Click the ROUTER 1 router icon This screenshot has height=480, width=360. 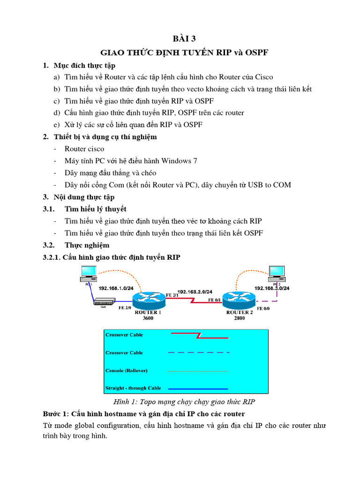[x=147, y=299]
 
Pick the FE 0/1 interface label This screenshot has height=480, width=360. [x=214, y=300]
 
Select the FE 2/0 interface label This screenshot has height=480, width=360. [x=125, y=308]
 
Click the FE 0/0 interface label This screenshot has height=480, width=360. [x=262, y=309]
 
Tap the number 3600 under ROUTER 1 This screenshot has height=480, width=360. [x=148, y=318]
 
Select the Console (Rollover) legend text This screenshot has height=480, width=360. [x=127, y=370]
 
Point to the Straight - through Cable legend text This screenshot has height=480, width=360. [x=133, y=388]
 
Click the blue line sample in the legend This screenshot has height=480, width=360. [x=198, y=389]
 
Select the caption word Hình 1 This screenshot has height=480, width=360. [x=124, y=402]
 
